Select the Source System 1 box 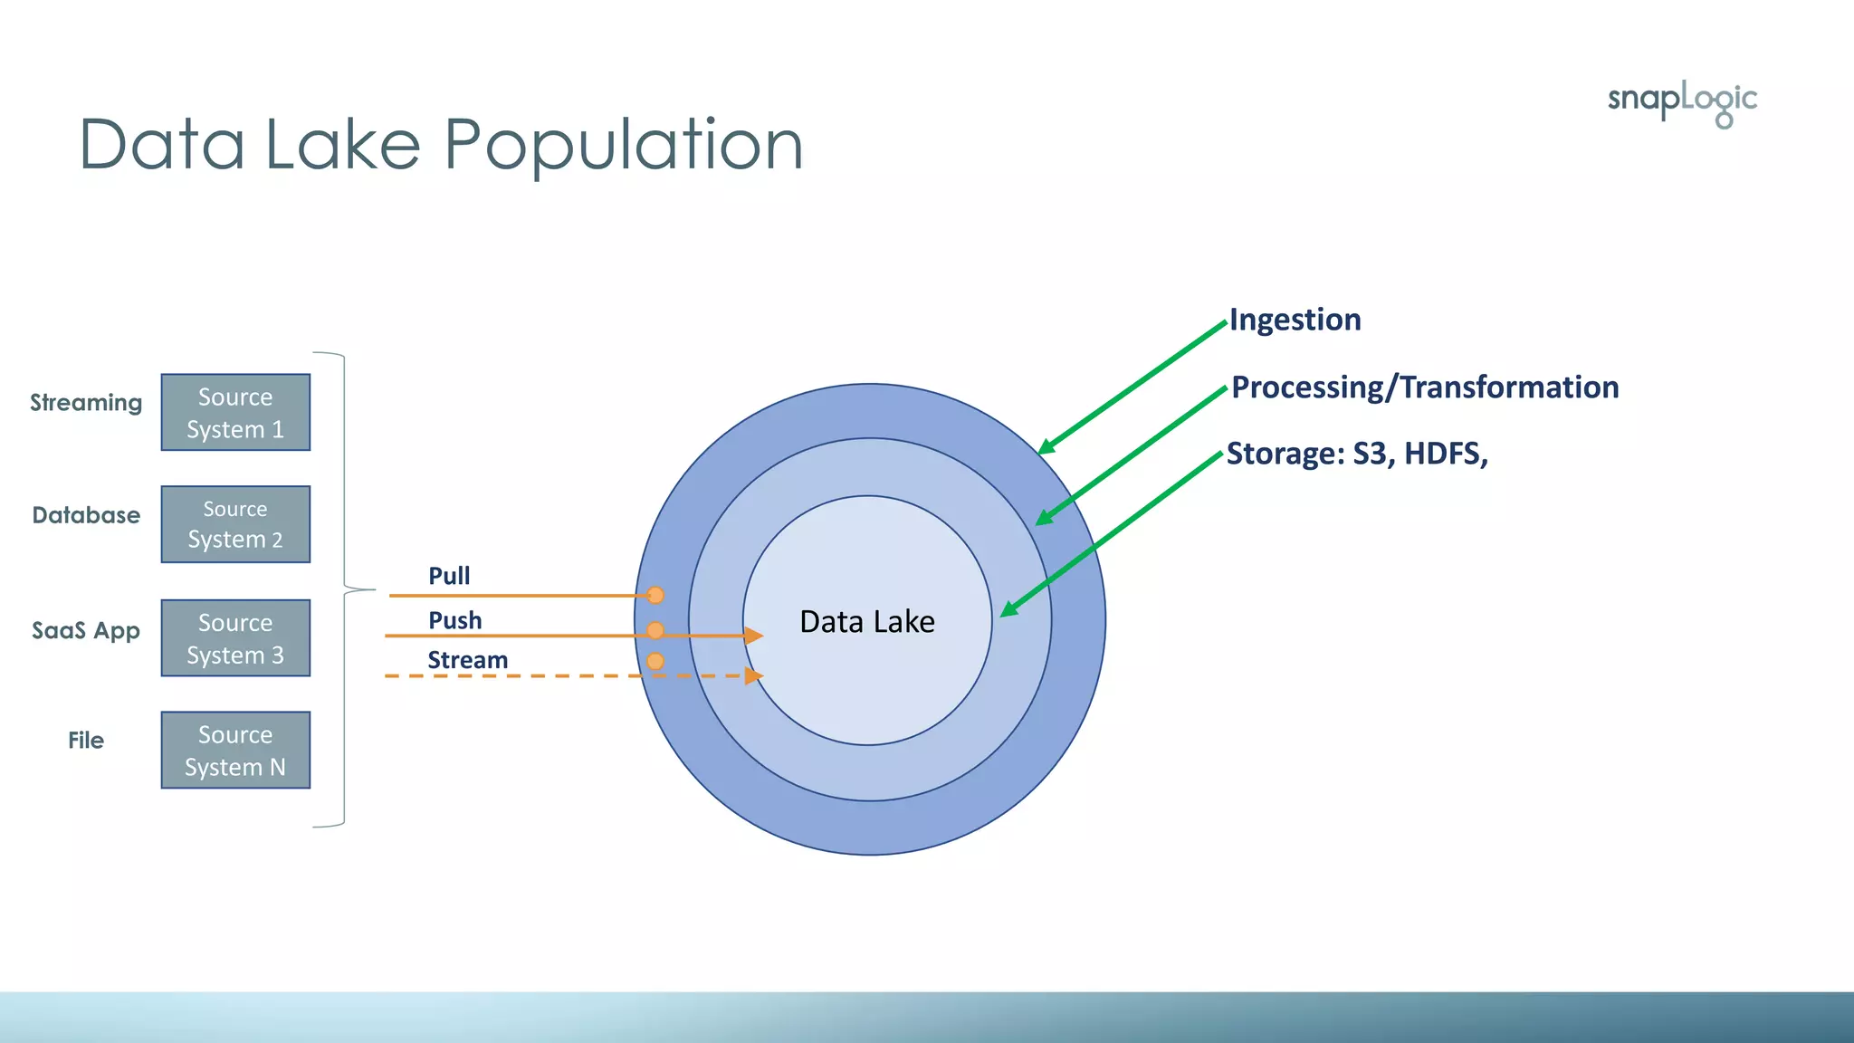click(x=235, y=413)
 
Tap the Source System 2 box click(x=235, y=524)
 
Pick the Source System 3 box click(x=235, y=638)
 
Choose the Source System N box click(x=235, y=751)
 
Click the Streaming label click(x=86, y=402)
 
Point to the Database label click(x=86, y=515)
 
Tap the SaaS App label click(x=86, y=630)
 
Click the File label click(x=86, y=741)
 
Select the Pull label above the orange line click(x=449, y=576)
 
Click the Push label click(x=454, y=620)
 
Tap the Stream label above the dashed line click(x=467, y=660)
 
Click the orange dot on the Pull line click(x=655, y=595)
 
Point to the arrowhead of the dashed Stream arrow click(x=754, y=675)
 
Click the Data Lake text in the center click(x=866, y=622)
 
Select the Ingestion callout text click(x=1295, y=320)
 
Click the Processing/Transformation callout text click(x=1425, y=388)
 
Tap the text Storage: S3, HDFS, click(x=1356, y=454)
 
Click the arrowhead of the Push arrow click(x=754, y=636)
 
